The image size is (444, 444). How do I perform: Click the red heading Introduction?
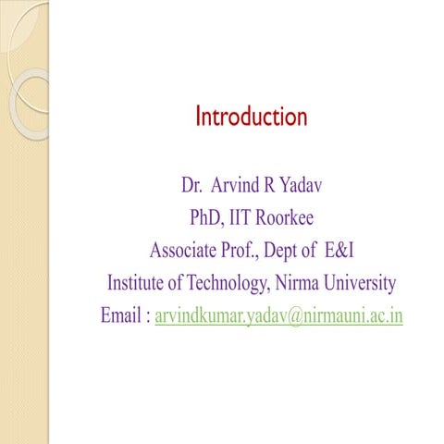251,117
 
